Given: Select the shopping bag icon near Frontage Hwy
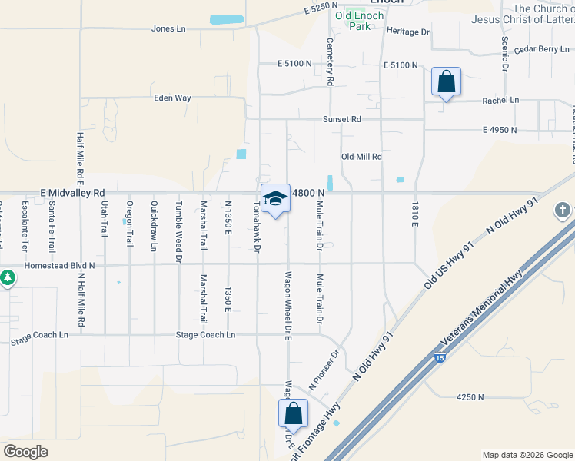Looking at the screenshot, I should tap(293, 413).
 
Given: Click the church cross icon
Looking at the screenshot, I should tap(563, 210).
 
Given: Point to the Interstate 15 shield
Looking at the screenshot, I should tap(439, 357).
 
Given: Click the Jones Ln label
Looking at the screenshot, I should tap(169, 29).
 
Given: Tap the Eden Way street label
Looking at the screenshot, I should tap(172, 98).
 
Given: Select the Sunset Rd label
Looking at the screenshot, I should tap(341, 120).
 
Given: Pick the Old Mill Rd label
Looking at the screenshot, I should tap(361, 157).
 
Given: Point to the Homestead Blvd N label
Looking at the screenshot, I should tap(59, 266).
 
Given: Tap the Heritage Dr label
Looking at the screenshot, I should tap(407, 32).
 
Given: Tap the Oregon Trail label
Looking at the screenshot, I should tap(130, 219).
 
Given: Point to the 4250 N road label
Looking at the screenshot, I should tap(470, 397).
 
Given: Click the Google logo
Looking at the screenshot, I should tap(25, 451).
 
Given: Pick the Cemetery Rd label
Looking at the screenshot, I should tap(330, 61).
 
